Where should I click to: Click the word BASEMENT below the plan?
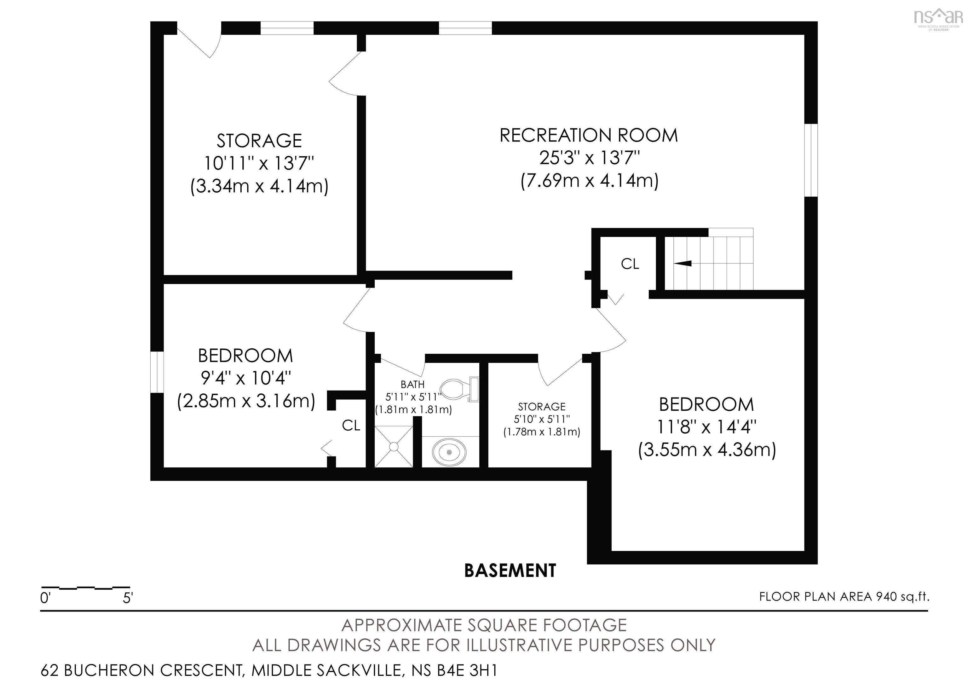coord(510,571)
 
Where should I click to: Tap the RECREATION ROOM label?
coord(589,135)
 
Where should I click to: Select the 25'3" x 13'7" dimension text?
coord(589,158)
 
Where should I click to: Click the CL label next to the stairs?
coord(630,264)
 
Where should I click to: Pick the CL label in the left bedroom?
coord(351,426)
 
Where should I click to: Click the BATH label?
coord(412,385)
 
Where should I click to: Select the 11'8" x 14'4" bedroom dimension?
coord(706,427)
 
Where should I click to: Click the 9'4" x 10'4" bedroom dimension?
coord(246,378)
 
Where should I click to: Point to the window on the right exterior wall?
coord(811,160)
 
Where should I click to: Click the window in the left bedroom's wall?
coord(157,372)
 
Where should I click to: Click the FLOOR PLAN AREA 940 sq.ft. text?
coord(844,597)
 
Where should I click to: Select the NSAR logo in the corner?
coord(938,18)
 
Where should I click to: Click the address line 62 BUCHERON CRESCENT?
coord(269,670)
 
